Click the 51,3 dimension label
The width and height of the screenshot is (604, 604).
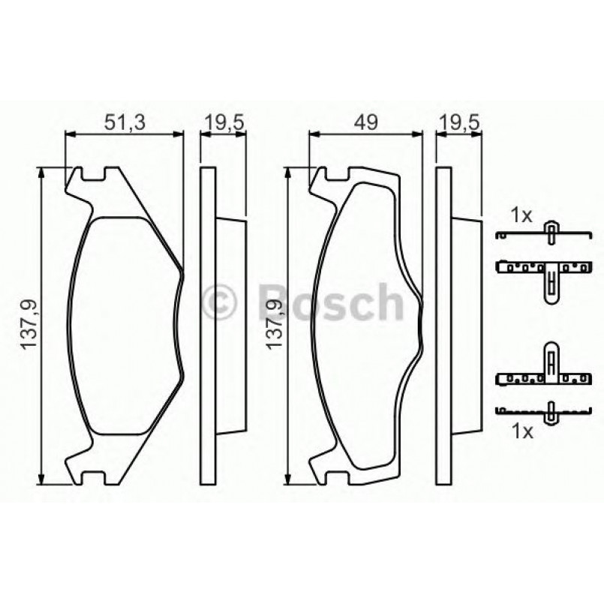(x=125, y=123)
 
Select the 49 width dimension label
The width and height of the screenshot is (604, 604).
(x=365, y=123)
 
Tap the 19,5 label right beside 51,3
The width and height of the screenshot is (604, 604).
(x=223, y=123)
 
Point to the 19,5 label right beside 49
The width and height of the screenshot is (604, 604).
(x=459, y=123)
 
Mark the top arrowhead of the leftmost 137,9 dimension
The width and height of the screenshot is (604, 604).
(x=42, y=171)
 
